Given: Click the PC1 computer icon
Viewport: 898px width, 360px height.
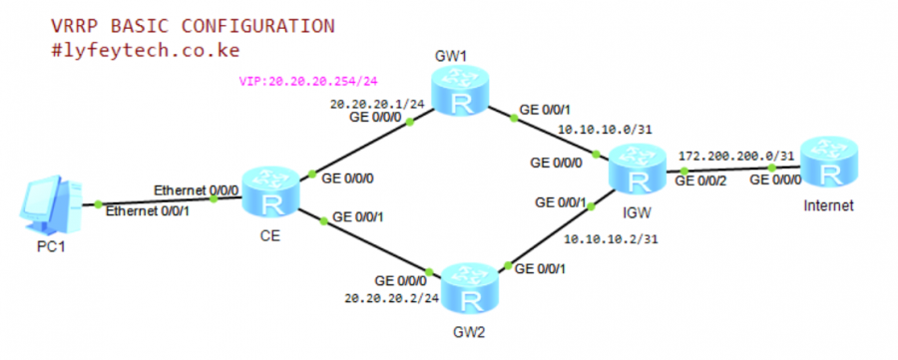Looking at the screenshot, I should [44, 203].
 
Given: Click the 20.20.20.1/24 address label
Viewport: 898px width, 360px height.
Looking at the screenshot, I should [375, 103].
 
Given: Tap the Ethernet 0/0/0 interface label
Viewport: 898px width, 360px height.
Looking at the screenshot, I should [197, 189].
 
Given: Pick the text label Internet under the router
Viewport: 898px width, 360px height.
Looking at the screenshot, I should [830, 206].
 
